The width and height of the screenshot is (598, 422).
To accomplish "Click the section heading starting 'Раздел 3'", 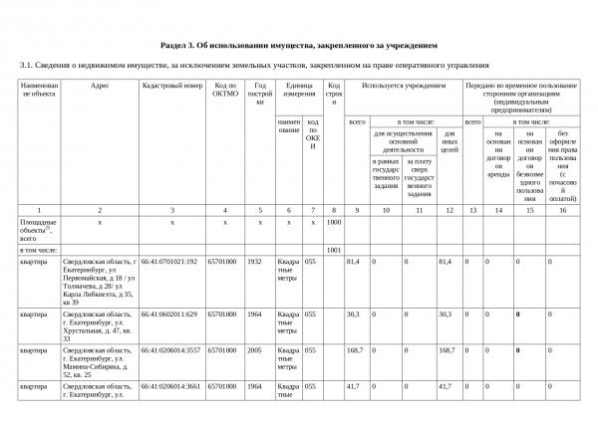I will pos(299,46).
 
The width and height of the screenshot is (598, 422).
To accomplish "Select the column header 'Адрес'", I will pos(100,86).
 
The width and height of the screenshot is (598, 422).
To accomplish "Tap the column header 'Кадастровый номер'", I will pos(172,86).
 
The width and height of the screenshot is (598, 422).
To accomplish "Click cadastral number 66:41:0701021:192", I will pos(170,261).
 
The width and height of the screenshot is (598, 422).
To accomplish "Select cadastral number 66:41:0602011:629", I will pos(170,314).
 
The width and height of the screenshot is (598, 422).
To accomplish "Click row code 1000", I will pos(334,222).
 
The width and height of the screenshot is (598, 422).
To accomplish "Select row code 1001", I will pos(334,249).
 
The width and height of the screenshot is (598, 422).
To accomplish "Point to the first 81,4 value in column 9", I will pos(353,261).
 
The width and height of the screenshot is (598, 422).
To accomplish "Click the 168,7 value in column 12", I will pos(448,350).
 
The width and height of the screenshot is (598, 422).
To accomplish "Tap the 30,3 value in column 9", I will pos(353,314).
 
